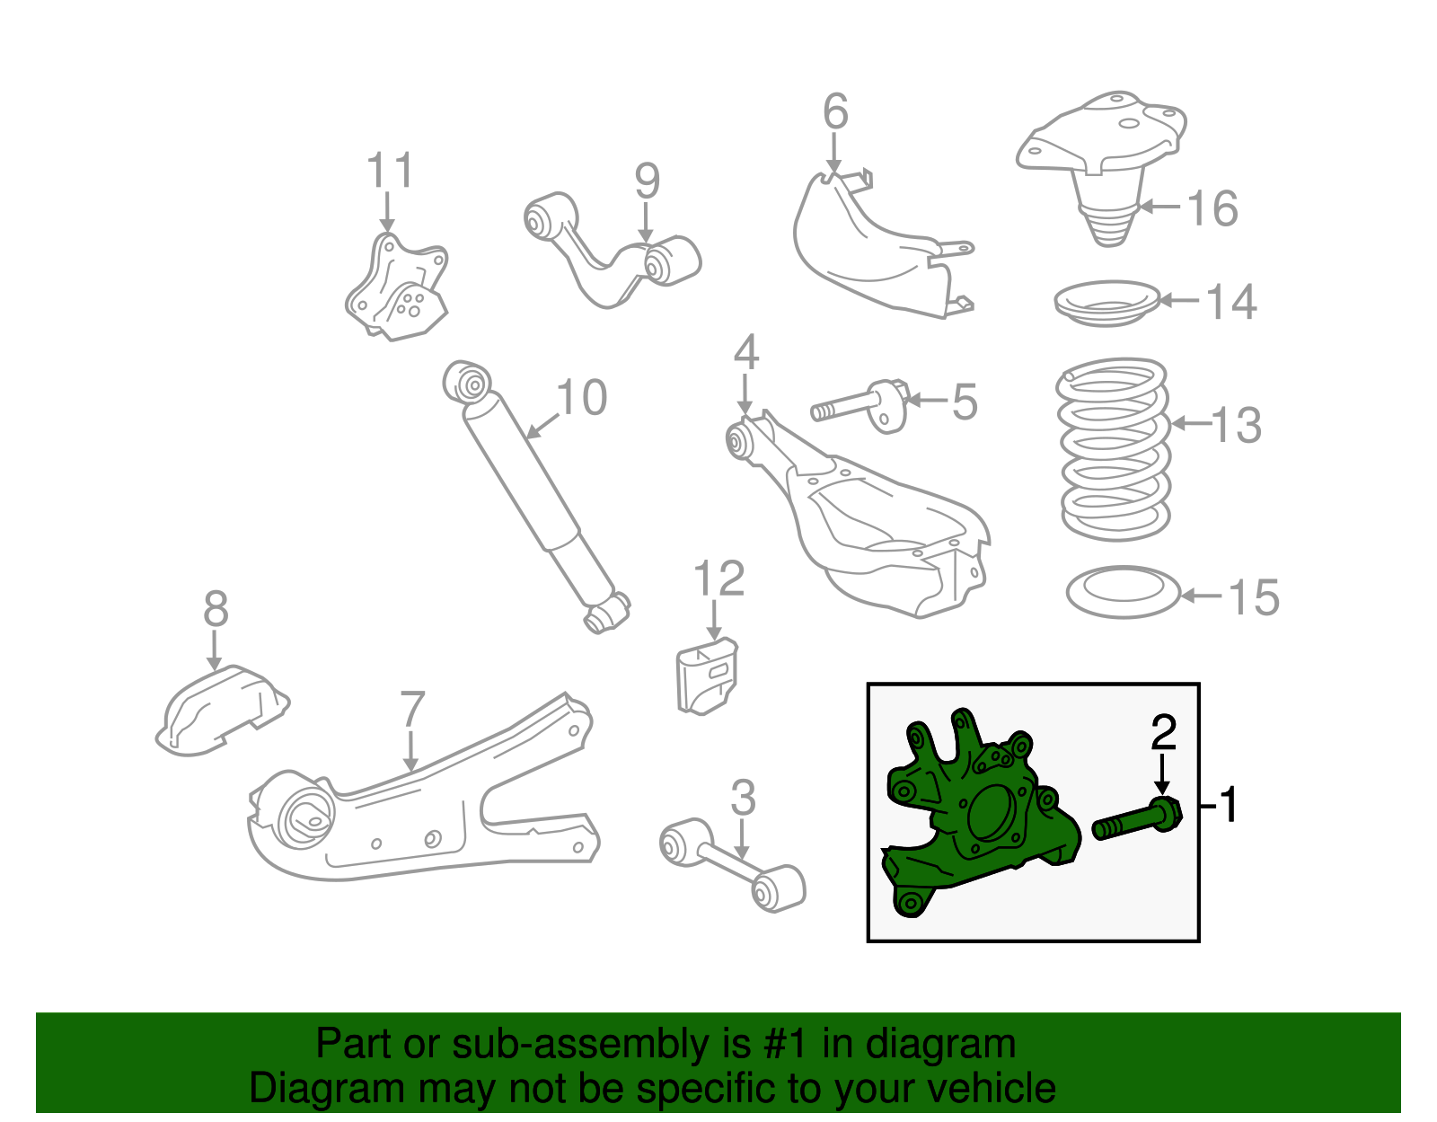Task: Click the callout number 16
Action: click(1212, 208)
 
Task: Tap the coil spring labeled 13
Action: click(1114, 449)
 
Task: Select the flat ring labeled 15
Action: click(1123, 592)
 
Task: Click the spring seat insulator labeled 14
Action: click(1107, 304)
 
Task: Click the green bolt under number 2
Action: click(1136, 818)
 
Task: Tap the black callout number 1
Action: click(1229, 804)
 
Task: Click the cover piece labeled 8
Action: click(220, 710)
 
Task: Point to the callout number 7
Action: click(411, 710)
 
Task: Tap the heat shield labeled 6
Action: click(871, 243)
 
